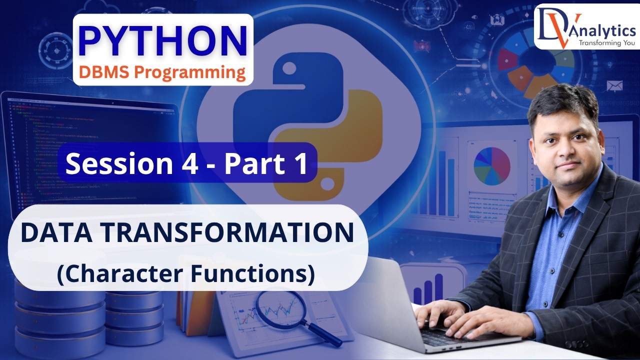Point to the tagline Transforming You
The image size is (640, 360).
606,43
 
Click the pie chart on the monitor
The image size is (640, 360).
492,165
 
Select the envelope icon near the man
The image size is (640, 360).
614,86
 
